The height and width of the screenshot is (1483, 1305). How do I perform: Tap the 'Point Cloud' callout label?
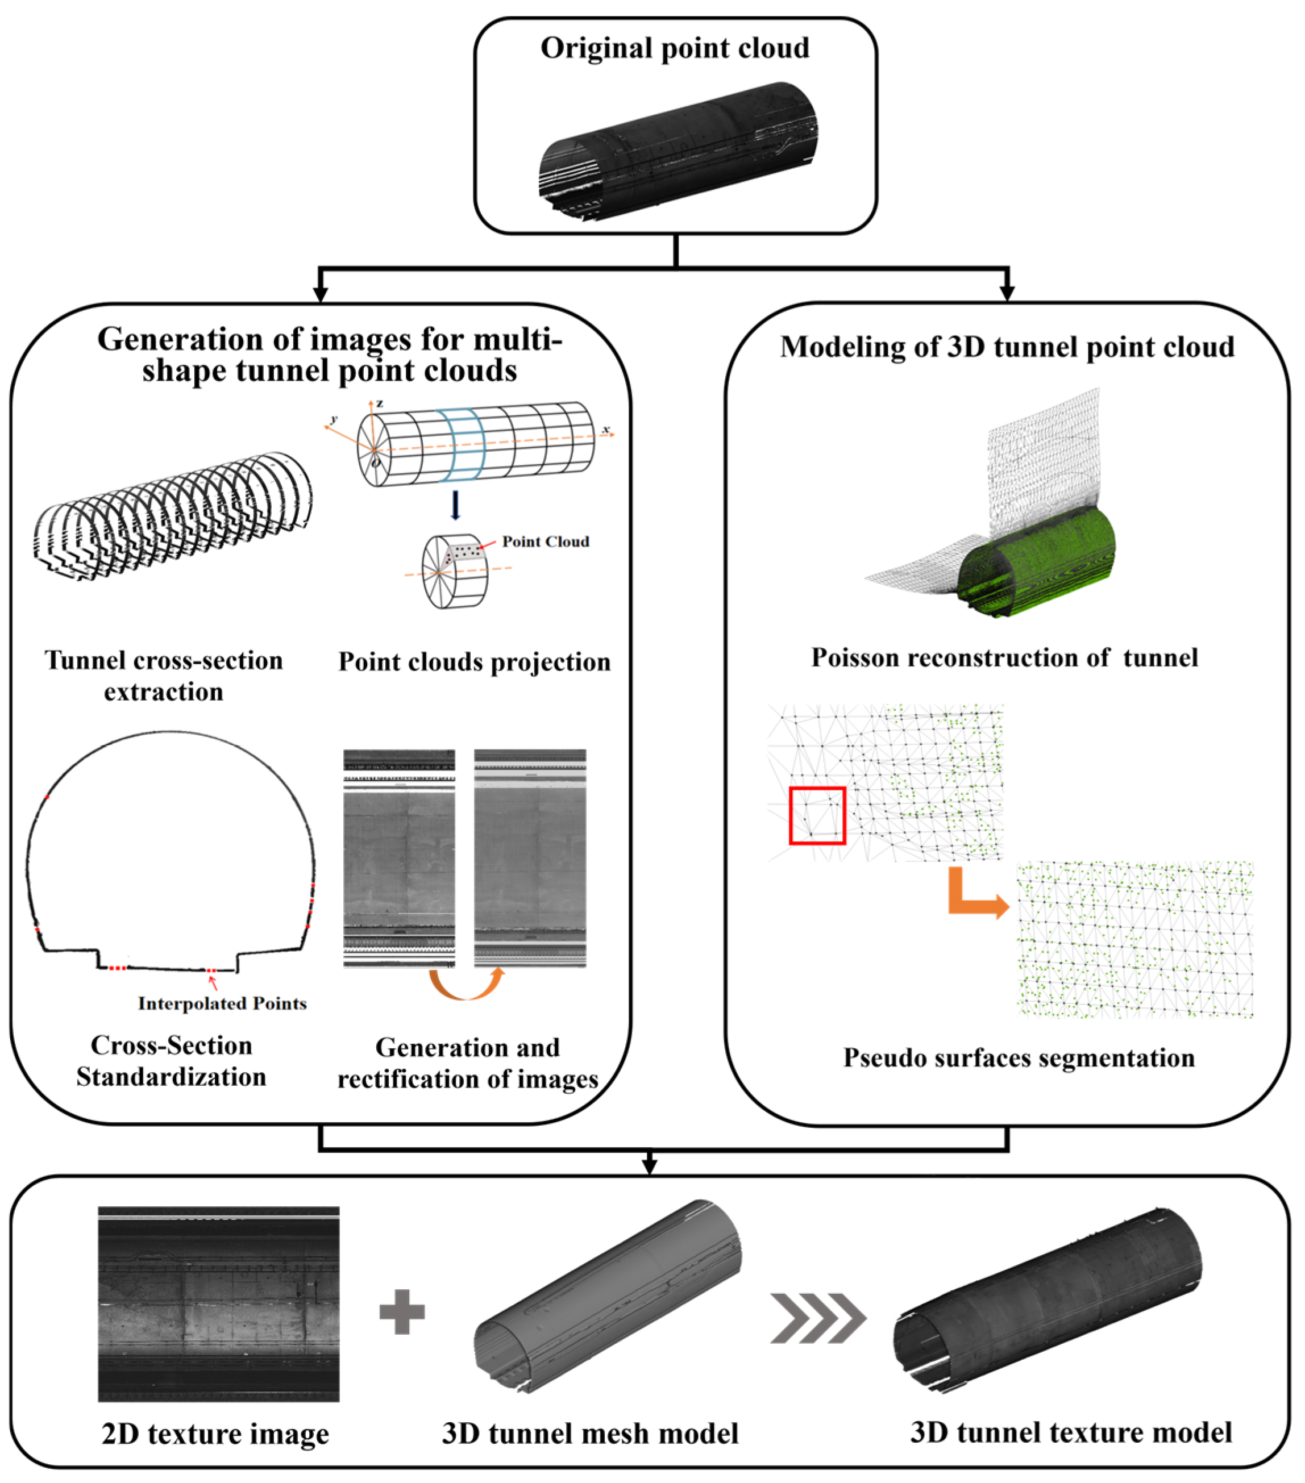point(545,542)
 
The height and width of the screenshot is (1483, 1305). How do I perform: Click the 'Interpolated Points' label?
point(222,1003)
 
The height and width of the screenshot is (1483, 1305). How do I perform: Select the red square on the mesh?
point(817,815)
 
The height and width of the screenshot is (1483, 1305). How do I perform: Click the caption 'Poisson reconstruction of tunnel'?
point(1004,658)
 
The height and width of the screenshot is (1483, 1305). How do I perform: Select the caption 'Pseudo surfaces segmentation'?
point(1019,1058)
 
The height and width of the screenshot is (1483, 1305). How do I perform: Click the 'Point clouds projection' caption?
point(474,663)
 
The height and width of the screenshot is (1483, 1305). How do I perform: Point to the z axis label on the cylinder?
point(380,403)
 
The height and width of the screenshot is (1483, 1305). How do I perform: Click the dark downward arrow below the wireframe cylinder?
point(455,505)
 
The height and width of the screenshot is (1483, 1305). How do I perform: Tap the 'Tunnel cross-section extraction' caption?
point(164,676)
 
